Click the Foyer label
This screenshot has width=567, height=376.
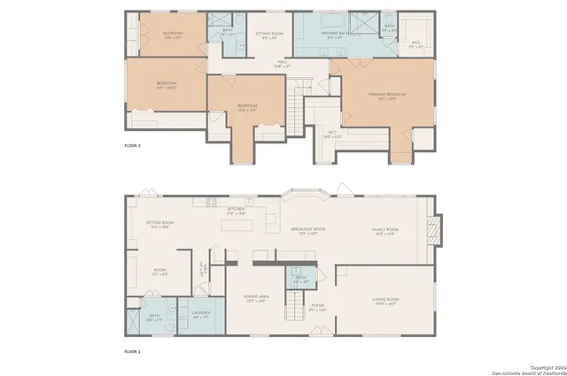[x=317, y=307]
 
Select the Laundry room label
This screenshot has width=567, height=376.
[x=200, y=314]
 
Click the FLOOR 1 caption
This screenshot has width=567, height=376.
[x=133, y=351]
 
